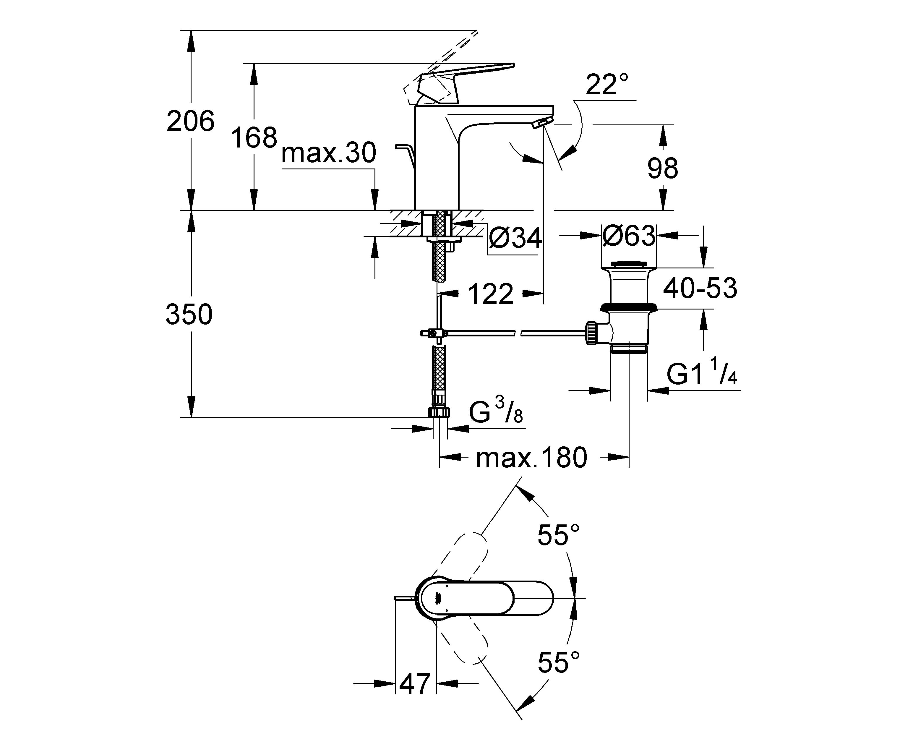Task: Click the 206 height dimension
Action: (190, 121)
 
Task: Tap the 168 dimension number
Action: (254, 138)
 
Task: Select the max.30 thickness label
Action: (329, 153)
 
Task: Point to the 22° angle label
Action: (607, 84)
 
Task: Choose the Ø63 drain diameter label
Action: (629, 235)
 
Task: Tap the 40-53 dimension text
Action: (700, 288)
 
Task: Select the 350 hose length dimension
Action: (189, 314)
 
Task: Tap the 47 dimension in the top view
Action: (415, 683)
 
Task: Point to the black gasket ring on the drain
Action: (629, 307)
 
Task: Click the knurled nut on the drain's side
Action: (591, 333)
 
